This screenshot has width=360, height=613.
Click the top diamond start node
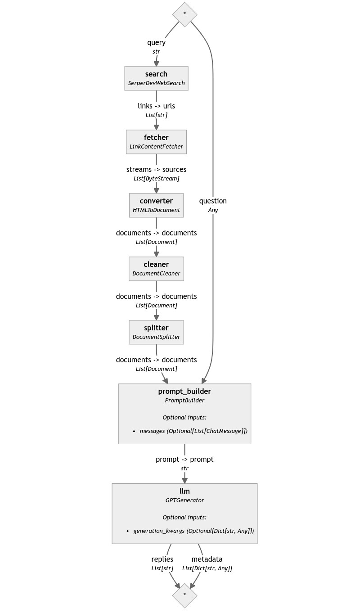pyautogui.click(x=184, y=14)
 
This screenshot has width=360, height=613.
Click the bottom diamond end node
pyautogui.click(x=184, y=595)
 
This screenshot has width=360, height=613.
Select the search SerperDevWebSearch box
pyautogui.click(x=156, y=78)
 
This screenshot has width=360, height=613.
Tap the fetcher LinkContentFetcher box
pyautogui.click(x=156, y=142)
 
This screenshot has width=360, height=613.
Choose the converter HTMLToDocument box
pyautogui.click(x=156, y=205)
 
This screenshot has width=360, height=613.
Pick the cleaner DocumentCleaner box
pyautogui.click(x=156, y=269)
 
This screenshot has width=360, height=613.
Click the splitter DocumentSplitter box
pyautogui.click(x=156, y=332)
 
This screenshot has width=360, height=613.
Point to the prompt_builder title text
pyautogui.click(x=184, y=391)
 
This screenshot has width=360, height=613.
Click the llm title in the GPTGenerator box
pyautogui.click(x=184, y=491)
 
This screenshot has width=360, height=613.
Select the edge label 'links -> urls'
pyautogui.click(x=156, y=106)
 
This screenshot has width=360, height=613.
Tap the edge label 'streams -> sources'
pyautogui.click(x=156, y=170)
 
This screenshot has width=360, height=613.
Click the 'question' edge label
pyautogui.click(x=213, y=201)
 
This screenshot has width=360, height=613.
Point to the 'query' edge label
pyautogui.click(x=156, y=43)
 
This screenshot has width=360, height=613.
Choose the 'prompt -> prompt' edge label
pyautogui.click(x=184, y=460)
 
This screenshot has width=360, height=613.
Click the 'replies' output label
pyautogui.click(x=162, y=559)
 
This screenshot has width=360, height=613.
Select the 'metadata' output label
pyautogui.click(x=207, y=559)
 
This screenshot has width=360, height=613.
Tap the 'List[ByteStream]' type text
pyautogui.click(x=156, y=179)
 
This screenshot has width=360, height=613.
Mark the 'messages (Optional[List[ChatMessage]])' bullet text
pyautogui.click(x=193, y=431)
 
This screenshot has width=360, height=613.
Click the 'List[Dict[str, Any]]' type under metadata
pyautogui.click(x=207, y=568)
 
